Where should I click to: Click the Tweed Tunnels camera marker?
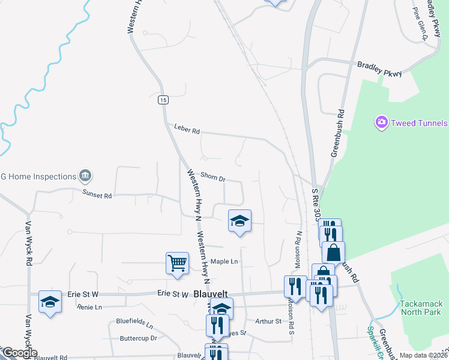(x=381, y=123)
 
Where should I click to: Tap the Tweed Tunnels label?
(x=419, y=123)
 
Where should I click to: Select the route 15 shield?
(x=163, y=100)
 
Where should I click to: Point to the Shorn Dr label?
(x=212, y=178)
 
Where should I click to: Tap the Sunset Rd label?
(x=97, y=195)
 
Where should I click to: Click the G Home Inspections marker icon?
(x=85, y=176)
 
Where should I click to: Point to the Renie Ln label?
(x=90, y=307)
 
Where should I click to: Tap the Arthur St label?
(x=268, y=322)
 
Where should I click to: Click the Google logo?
(x=20, y=353)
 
